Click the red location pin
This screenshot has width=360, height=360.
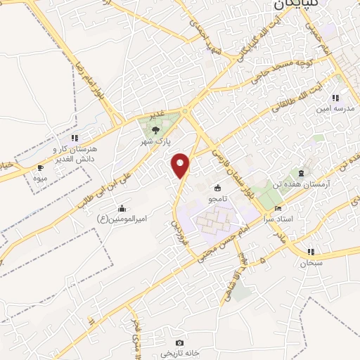[181, 165]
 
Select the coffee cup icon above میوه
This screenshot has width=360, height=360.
[39, 167]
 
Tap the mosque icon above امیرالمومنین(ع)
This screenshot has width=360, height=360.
[122, 208]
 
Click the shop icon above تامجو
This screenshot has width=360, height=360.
[217, 188]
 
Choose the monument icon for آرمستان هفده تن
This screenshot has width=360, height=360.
[302, 172]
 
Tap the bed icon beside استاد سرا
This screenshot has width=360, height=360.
[278, 209]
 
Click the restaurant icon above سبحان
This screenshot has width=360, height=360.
[311, 252]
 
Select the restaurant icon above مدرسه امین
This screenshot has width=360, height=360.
[336, 97]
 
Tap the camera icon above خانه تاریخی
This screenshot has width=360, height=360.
[179, 342]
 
